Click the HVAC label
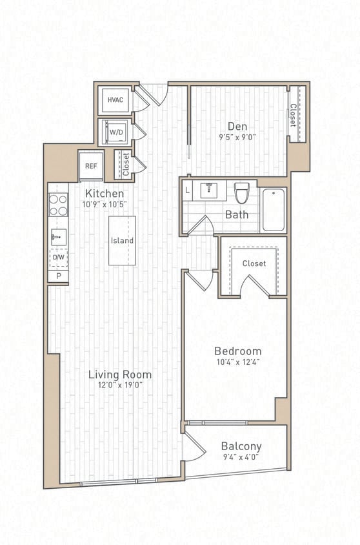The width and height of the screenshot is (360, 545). (x=115, y=100)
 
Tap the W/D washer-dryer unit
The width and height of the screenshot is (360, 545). (x=116, y=132)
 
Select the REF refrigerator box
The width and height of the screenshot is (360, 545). (x=91, y=166)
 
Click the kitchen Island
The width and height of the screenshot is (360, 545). (x=122, y=240)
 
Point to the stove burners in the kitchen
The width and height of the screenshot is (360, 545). (x=59, y=205)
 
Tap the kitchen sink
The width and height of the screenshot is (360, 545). (x=59, y=237)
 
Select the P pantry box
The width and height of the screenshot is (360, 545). (x=58, y=276)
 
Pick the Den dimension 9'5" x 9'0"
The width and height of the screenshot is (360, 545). (x=237, y=136)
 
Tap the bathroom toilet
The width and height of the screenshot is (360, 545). (x=242, y=192)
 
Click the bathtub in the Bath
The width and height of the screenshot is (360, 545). (x=274, y=210)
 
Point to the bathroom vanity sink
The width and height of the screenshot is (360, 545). (x=209, y=190)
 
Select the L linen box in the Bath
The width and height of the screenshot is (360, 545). (x=187, y=190)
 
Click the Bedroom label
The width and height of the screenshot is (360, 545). (x=238, y=351)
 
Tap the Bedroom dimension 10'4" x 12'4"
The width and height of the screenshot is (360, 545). (x=238, y=362)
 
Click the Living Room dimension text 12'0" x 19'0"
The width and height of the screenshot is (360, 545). (x=120, y=385)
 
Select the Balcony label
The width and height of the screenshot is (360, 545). (x=241, y=446)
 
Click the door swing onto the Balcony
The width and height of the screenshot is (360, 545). (x=192, y=447)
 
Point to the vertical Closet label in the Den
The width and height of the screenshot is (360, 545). (x=294, y=115)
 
